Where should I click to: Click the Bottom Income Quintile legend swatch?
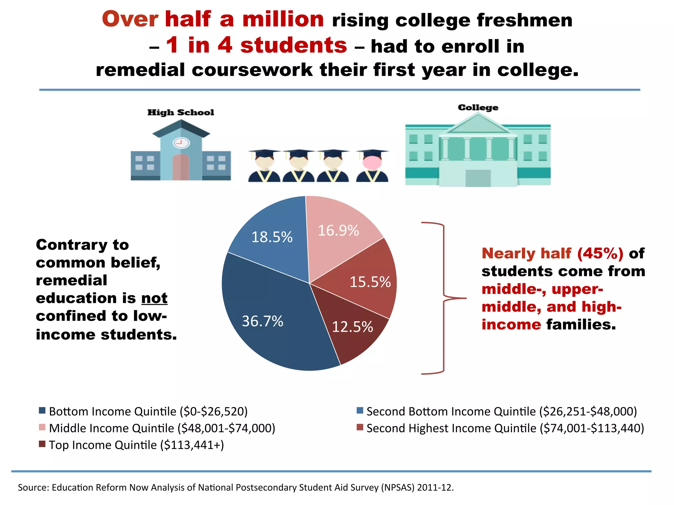coord(42,410)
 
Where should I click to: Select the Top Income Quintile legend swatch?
coord(42,444)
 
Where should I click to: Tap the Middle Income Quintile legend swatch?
coord(42,427)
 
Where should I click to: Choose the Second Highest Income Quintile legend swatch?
coord(360,427)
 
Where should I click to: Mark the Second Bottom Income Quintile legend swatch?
coord(360,410)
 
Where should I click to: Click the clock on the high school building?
coord(181,143)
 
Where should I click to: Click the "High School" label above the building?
coord(181,112)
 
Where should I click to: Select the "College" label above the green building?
coord(478,108)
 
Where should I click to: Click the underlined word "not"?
coord(154,298)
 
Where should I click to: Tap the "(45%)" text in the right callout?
coord(600,253)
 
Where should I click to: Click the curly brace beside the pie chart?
coord(444,298)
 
